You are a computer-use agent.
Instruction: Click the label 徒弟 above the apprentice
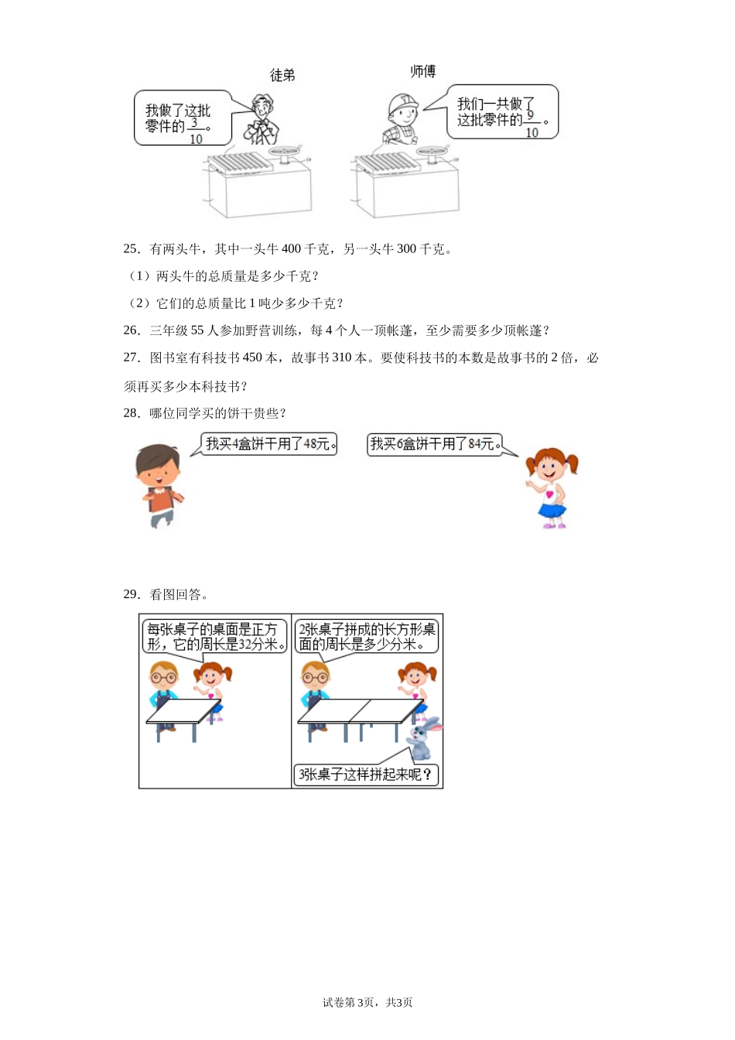282,75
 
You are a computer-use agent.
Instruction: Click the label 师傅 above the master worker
422,71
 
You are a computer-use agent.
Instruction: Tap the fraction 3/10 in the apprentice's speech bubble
195,130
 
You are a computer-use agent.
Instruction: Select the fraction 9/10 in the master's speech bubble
531,124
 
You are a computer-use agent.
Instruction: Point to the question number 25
131,248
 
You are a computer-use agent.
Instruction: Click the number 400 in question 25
291,248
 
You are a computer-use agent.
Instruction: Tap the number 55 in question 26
197,330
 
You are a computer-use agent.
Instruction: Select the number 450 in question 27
252,357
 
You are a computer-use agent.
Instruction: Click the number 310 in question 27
341,357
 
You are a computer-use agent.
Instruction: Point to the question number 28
131,413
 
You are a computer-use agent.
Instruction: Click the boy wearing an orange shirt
160,485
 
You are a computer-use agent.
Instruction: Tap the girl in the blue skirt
551,487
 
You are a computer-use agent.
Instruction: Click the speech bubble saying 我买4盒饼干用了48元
269,444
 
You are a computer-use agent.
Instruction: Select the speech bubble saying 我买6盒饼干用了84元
434,444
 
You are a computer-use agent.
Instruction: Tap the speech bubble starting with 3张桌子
366,775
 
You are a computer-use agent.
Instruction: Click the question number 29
131,594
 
